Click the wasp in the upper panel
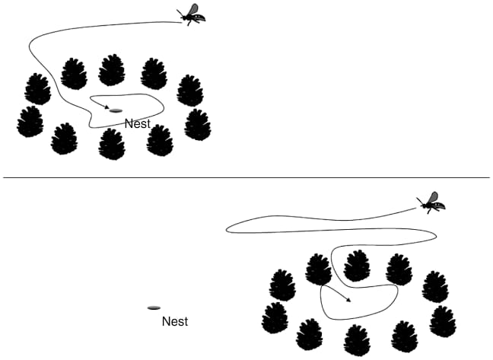192,14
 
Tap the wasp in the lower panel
432,202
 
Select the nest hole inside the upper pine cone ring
116,111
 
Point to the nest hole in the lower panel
154,308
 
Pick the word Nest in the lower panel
175,322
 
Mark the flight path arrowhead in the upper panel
107,107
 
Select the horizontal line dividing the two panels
247,178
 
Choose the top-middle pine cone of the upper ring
112,69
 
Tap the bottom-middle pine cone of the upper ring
112,144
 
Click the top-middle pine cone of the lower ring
356,266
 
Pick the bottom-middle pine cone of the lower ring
355,340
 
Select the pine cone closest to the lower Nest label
275,318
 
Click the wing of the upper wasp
194,8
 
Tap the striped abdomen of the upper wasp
200,17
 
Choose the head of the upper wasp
186,15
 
